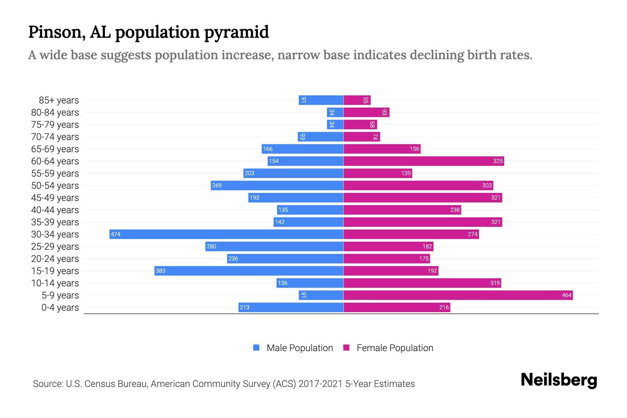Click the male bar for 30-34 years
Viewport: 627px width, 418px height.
click(x=226, y=234)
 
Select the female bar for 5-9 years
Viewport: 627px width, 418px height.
click(x=458, y=295)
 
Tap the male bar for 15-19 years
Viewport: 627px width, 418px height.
click(x=249, y=271)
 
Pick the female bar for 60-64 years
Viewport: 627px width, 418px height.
click(x=424, y=161)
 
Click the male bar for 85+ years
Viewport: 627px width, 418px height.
click(x=321, y=100)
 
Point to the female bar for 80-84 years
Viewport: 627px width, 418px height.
click(x=366, y=112)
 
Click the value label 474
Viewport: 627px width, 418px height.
click(x=116, y=234)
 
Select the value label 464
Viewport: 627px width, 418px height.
click(x=566, y=295)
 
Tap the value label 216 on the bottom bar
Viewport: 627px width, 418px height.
click(x=444, y=307)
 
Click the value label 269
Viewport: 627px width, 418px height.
click(x=217, y=185)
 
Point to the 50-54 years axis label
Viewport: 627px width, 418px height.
click(x=55, y=185)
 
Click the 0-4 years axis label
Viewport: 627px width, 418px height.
click(x=60, y=307)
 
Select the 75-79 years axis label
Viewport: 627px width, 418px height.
click(x=55, y=124)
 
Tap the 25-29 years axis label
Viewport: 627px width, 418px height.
click(x=55, y=246)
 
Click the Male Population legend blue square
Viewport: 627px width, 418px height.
click(x=256, y=348)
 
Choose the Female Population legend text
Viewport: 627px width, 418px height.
click(x=395, y=348)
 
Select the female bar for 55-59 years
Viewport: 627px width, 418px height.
click(x=378, y=173)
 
